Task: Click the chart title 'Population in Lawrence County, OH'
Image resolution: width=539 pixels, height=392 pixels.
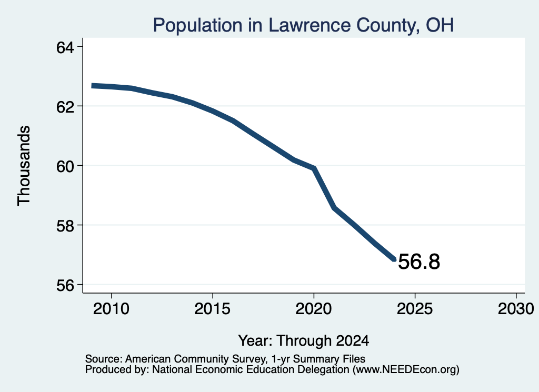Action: tap(303, 25)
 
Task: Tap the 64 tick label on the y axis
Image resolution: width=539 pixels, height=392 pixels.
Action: tap(65, 47)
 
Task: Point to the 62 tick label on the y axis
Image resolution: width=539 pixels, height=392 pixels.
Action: tap(65, 107)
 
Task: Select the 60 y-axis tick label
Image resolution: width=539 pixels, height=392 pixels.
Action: tap(65, 166)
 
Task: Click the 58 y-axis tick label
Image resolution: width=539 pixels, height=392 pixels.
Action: tap(65, 226)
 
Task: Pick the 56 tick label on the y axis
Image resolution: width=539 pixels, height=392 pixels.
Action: tap(65, 285)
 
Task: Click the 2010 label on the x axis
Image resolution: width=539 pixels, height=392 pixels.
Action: tap(112, 308)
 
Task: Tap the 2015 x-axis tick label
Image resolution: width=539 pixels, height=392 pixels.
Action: tap(213, 308)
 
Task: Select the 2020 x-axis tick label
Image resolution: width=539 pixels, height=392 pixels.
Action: tap(314, 308)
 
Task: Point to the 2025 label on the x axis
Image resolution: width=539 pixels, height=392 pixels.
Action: tap(415, 308)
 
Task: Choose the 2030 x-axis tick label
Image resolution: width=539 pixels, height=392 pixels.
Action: tap(516, 308)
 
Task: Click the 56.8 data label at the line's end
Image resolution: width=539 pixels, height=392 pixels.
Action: tap(419, 262)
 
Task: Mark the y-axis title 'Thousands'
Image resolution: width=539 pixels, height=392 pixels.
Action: tap(24, 166)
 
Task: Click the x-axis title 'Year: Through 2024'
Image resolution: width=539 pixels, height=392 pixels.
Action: tap(304, 340)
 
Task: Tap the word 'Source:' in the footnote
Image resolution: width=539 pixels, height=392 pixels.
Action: tap(104, 359)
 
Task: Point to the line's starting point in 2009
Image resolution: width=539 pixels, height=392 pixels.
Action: tap(92, 86)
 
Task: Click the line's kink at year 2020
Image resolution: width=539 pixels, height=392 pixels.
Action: tap(314, 168)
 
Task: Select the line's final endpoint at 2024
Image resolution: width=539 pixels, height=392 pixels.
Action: tap(394, 259)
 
